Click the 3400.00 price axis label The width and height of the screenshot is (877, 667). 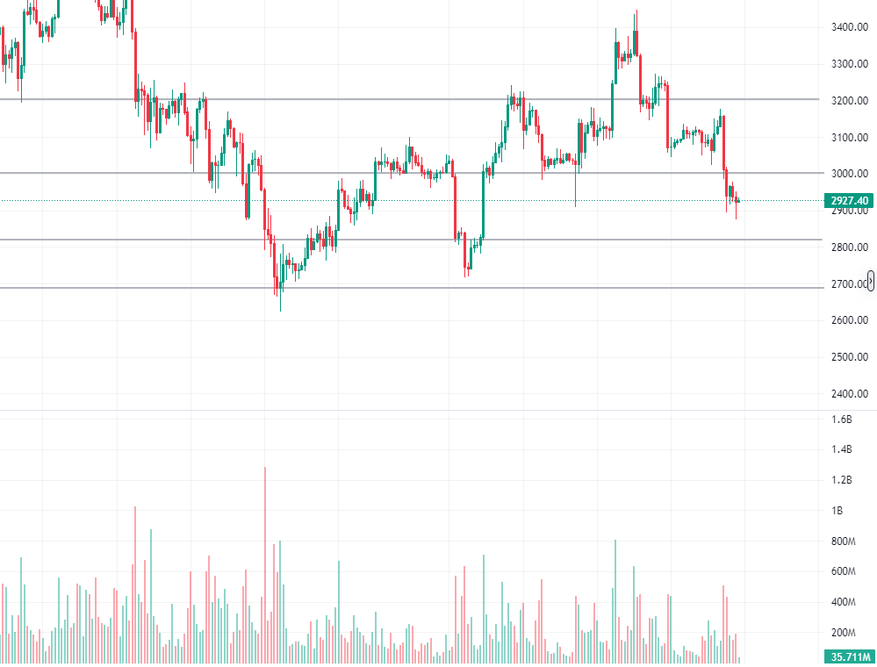coord(849,27)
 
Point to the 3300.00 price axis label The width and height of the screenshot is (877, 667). coord(849,64)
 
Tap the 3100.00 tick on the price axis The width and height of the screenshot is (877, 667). coord(849,137)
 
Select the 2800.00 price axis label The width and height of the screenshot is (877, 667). coord(849,247)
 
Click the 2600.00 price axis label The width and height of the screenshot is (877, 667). coord(849,320)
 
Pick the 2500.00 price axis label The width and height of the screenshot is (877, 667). coord(849,356)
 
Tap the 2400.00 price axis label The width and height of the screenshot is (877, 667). coord(849,393)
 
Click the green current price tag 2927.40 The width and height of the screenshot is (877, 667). coord(850,201)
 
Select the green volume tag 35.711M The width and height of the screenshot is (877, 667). coord(849,656)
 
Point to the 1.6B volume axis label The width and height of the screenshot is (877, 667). coord(841,420)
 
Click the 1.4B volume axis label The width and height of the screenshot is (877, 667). coord(841,450)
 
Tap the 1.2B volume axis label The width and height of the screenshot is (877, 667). coord(841,480)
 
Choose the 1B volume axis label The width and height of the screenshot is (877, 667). coord(837,511)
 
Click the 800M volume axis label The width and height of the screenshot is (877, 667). coord(843,541)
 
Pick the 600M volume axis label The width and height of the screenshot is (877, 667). coord(843,571)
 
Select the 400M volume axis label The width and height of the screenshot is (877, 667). coord(843,602)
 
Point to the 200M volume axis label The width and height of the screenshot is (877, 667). coord(843,633)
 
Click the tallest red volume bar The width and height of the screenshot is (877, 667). coord(264,562)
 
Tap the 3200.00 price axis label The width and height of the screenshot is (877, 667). coord(849,100)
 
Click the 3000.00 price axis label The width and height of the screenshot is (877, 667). coord(849,174)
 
